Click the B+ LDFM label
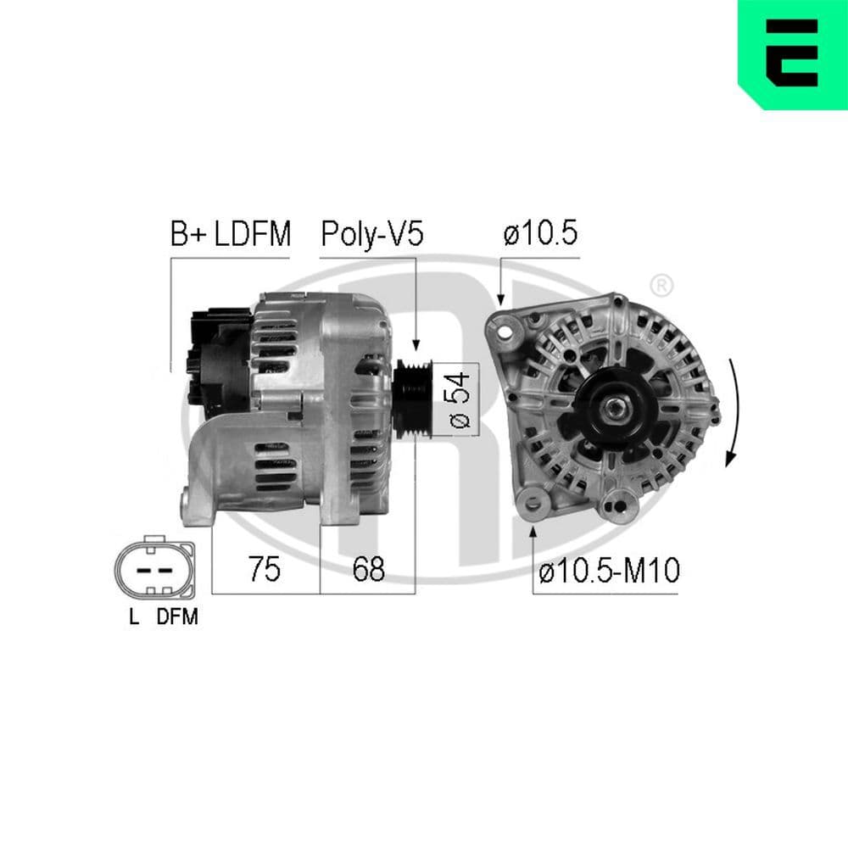(x=230, y=234)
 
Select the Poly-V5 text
(x=371, y=234)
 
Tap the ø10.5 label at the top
(x=541, y=234)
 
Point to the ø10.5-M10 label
(x=609, y=571)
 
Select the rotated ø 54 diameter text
(x=459, y=399)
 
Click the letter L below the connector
(x=133, y=617)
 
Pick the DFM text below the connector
(x=176, y=617)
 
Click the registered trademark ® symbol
(x=661, y=286)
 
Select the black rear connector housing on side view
(x=216, y=356)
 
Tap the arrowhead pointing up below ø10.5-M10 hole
(x=533, y=531)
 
